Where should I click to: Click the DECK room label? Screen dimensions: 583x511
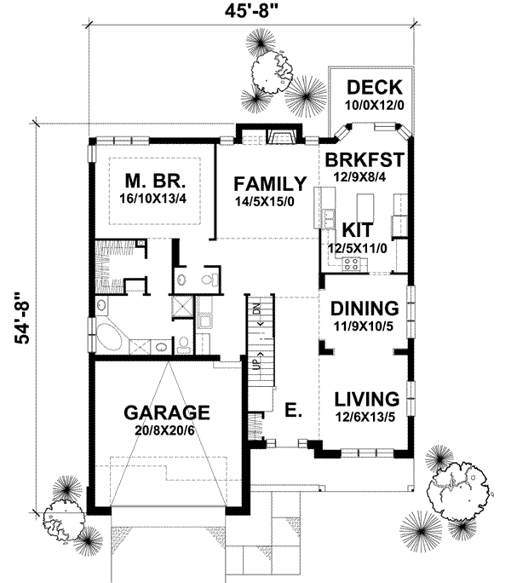coord(368,88)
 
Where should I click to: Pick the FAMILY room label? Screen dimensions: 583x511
coord(271,183)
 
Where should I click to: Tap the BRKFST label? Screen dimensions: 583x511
coord(364,159)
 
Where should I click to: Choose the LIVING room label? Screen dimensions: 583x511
coord(367,398)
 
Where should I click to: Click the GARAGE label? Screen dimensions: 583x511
coord(168,412)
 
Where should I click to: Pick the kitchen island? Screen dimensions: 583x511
coord(366,207)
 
